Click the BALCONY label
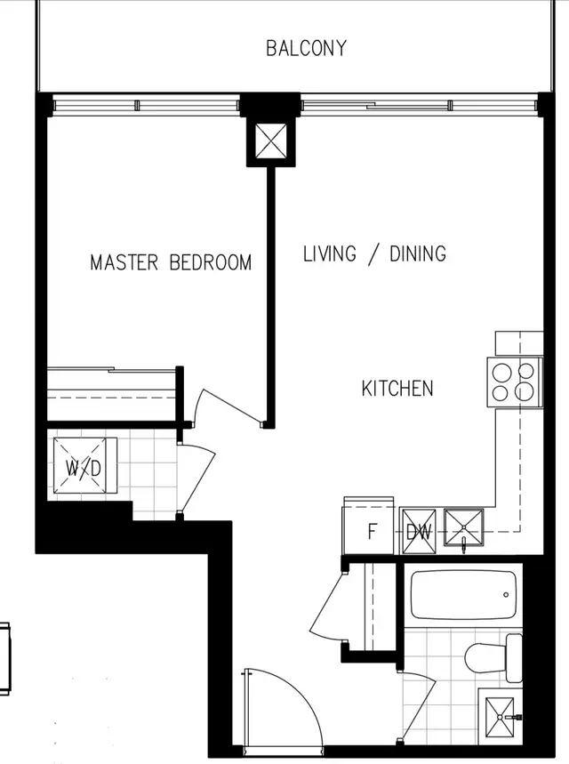[x=307, y=48]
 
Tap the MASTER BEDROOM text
[x=171, y=262]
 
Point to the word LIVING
[x=330, y=253]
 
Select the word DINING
[x=418, y=253]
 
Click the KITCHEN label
[x=397, y=389]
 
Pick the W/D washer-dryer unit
[x=84, y=466]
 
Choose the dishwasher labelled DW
[x=419, y=531]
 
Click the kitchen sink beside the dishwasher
[x=464, y=527]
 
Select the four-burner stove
[x=515, y=382]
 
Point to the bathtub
[x=463, y=595]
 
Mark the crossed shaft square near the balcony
[x=271, y=141]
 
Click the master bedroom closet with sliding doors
[x=111, y=394]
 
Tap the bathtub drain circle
[x=506, y=595]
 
